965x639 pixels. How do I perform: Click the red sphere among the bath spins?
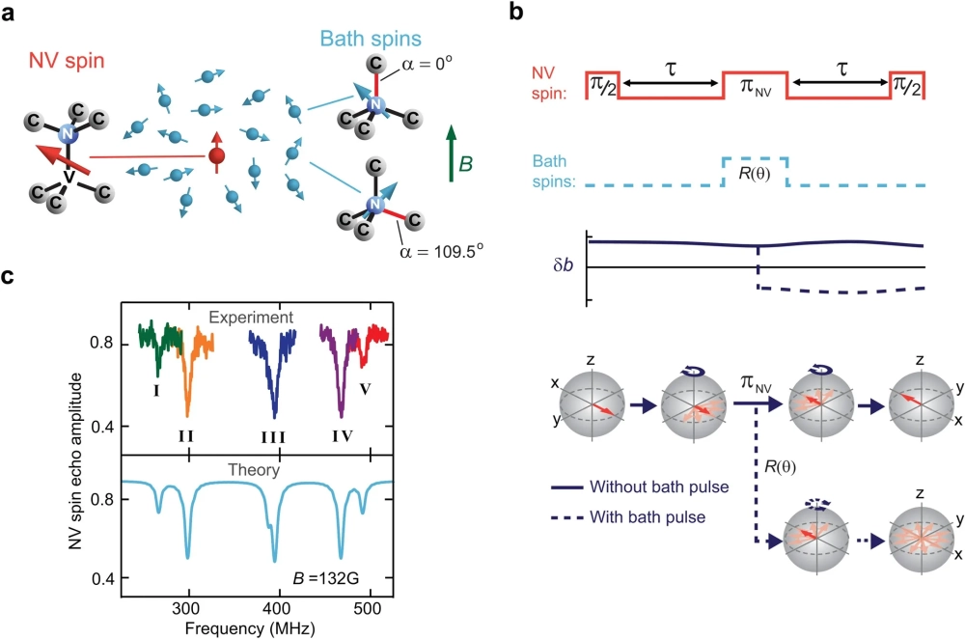(x=217, y=155)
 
